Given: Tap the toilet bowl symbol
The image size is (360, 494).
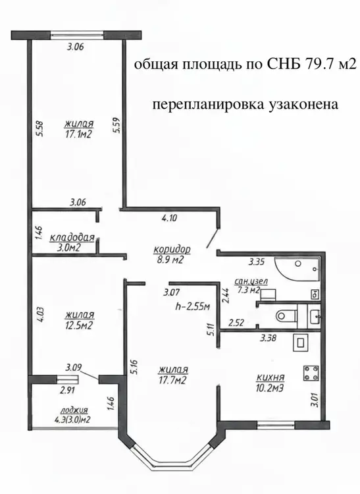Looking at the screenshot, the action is coord(286,315).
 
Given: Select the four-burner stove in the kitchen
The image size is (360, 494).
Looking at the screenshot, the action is coord(311,373).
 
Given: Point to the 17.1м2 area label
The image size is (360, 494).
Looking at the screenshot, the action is coord(78,135).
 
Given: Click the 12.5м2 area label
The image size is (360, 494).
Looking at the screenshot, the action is coord(79,325).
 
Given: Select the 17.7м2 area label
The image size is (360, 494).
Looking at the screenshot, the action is coord(173,380).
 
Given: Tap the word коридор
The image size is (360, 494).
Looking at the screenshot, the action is coord(172,250).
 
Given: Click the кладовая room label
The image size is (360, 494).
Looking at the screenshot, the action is coord(72,237).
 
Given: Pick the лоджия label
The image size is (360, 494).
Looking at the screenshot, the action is coord(74,410).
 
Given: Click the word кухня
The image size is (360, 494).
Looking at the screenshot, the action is coord(270,377).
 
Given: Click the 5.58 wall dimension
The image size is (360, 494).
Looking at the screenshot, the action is coord(40,129).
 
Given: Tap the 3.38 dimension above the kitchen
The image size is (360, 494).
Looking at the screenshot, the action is coord(268,339).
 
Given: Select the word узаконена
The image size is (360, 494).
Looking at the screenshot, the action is coord(303,104).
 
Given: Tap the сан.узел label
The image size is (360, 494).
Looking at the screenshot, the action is coord(251,281).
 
